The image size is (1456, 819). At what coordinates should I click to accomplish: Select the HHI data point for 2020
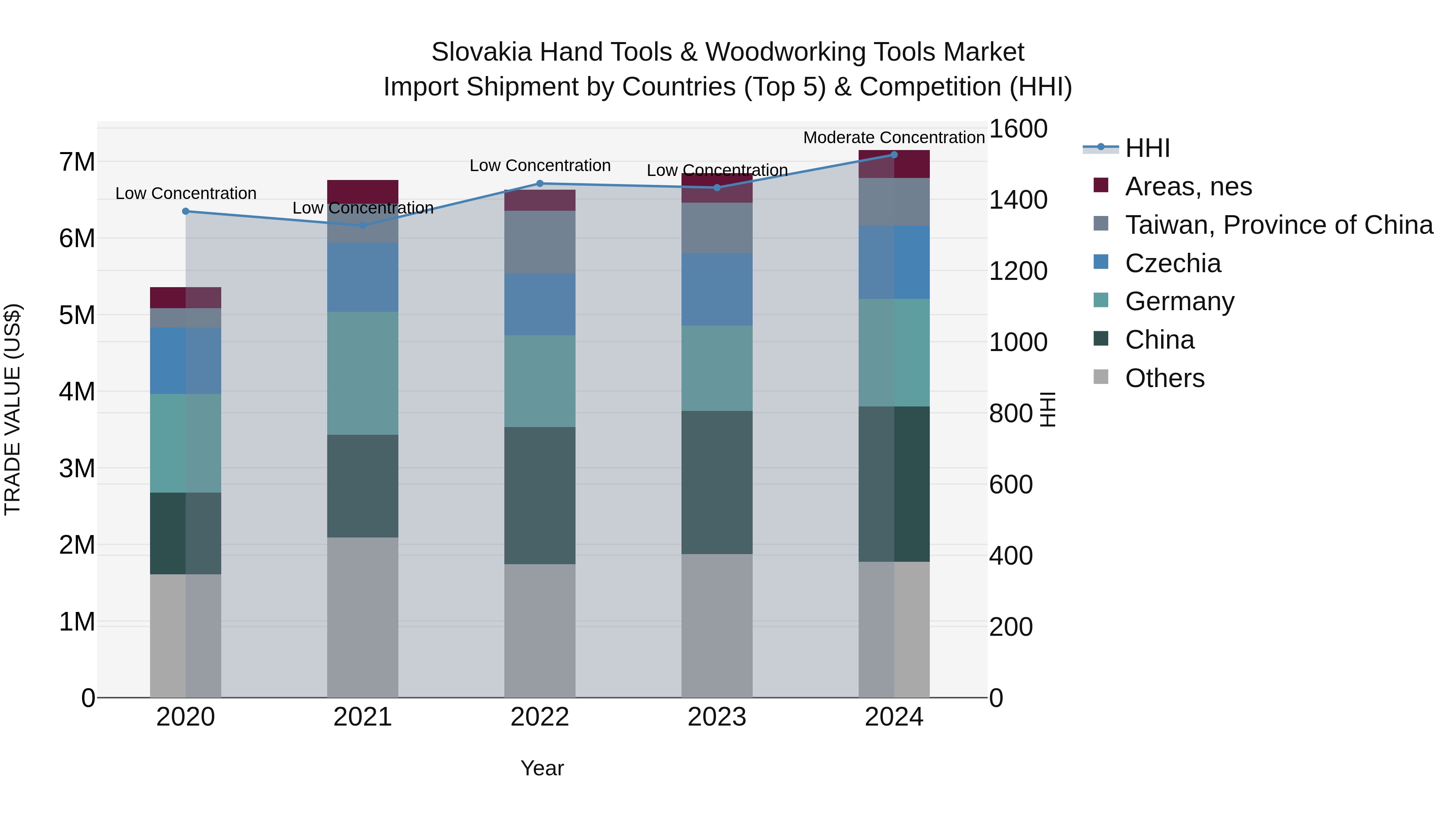[185, 212]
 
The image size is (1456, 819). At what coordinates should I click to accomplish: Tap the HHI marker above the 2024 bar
[893, 155]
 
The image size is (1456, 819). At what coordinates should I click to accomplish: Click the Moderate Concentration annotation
[893, 138]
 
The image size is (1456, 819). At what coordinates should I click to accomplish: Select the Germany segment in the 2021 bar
[362, 373]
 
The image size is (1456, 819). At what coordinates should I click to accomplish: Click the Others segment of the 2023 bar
[717, 625]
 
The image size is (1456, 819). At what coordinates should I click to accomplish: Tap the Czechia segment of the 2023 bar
[717, 290]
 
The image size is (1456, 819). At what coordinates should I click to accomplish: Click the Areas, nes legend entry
[1188, 186]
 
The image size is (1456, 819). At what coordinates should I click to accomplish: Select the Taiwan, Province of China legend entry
[1278, 225]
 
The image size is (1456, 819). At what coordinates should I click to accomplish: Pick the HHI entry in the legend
[1147, 148]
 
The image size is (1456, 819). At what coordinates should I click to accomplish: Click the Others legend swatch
[1100, 377]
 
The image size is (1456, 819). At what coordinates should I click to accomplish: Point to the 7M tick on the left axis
[77, 162]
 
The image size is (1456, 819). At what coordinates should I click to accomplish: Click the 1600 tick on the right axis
[1018, 129]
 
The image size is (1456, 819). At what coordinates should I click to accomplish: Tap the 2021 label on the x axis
[362, 717]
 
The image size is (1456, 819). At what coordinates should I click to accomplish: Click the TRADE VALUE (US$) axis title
[13, 409]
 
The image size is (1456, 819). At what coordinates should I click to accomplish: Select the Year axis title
[542, 768]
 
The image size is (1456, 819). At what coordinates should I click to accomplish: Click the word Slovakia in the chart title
[481, 52]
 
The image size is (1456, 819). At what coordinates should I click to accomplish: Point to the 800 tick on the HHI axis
[1011, 414]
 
